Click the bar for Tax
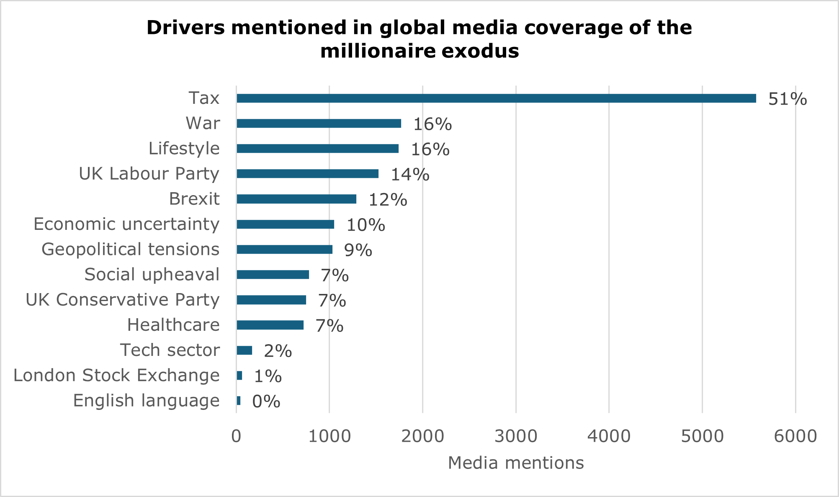(x=496, y=98)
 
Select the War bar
(x=319, y=124)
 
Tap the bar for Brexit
(x=296, y=199)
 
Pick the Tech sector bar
(x=244, y=350)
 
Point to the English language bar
(x=239, y=401)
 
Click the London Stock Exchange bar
(x=239, y=376)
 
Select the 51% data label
(x=787, y=99)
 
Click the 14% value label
(x=409, y=175)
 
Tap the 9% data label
(x=358, y=250)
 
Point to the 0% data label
(x=266, y=402)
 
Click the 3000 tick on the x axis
(x=516, y=436)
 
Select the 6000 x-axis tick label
(x=795, y=436)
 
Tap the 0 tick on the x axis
(x=236, y=436)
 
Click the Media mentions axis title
(x=516, y=463)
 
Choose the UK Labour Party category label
(x=149, y=174)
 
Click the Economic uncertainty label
(x=126, y=224)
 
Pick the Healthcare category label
(x=173, y=325)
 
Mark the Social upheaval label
(x=152, y=275)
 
